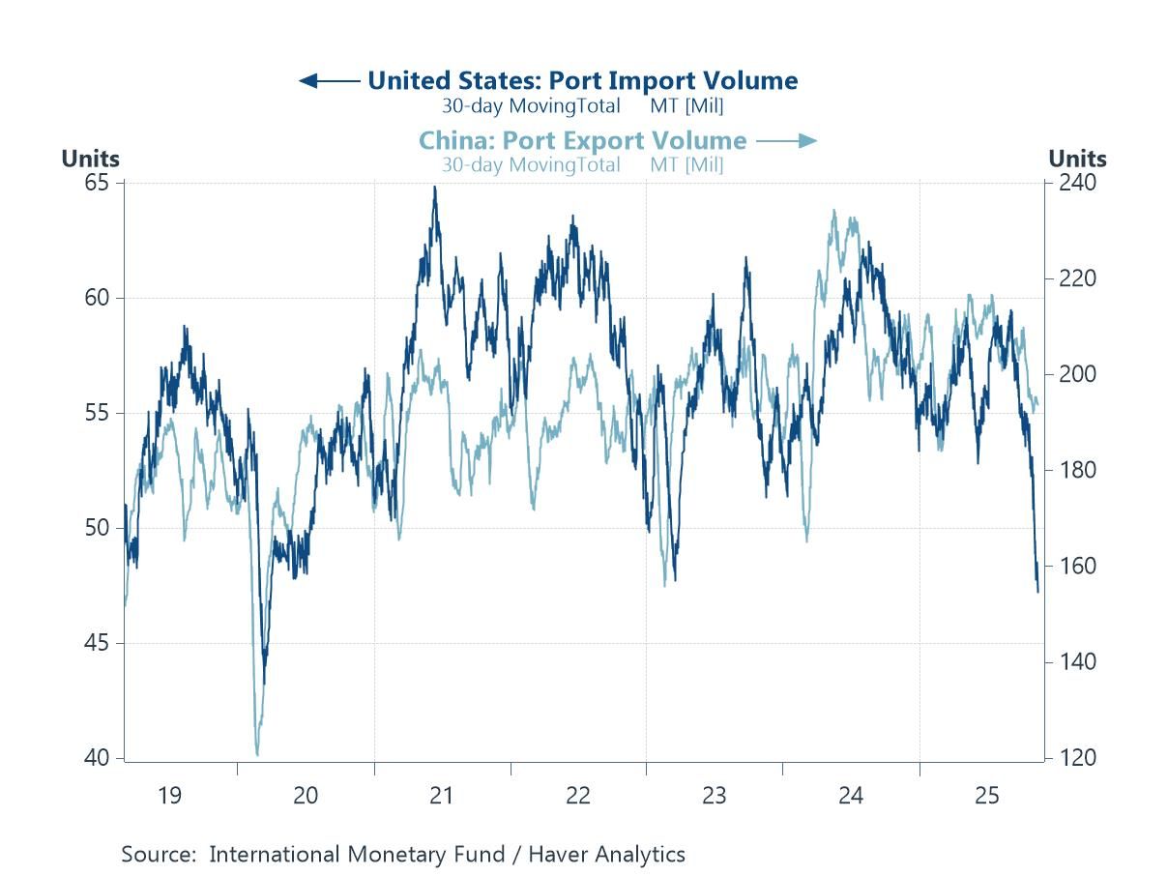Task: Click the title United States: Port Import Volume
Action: tap(582, 80)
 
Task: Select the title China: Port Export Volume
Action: tap(582, 140)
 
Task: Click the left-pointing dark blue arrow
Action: tap(330, 80)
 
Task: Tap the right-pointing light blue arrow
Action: tap(787, 141)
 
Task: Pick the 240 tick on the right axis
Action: tap(1073, 183)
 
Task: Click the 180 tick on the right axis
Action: tap(1073, 471)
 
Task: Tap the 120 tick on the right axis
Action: tap(1073, 758)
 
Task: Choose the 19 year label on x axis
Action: tap(169, 796)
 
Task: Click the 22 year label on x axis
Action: tap(577, 796)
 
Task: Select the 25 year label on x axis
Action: tap(986, 796)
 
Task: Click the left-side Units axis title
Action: tap(91, 159)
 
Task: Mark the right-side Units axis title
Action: tap(1077, 159)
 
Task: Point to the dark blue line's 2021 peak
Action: tap(434, 188)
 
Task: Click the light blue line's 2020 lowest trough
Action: tap(257, 754)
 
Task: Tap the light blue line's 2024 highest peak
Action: tap(833, 210)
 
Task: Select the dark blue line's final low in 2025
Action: tap(1037, 591)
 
